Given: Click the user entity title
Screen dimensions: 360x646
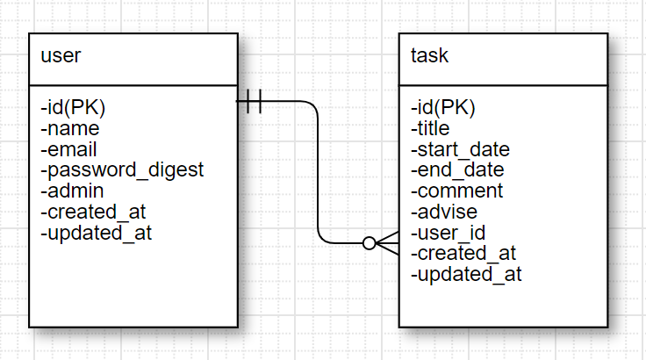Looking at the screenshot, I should (x=61, y=57).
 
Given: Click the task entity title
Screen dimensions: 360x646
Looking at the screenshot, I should (x=429, y=57).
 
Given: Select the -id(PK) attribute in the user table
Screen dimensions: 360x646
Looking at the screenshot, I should (x=73, y=108).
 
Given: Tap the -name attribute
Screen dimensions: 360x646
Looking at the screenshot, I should (x=70, y=129).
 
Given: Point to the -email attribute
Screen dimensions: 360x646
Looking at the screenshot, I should (x=69, y=149).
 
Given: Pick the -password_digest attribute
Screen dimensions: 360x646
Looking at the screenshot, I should (x=122, y=170).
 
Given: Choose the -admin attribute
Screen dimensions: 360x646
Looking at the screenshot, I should (x=73, y=191).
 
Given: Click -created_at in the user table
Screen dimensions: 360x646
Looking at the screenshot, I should (x=93, y=212).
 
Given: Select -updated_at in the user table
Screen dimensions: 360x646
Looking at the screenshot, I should (x=96, y=233).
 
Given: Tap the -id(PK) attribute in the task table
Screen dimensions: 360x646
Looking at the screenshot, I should (x=443, y=108).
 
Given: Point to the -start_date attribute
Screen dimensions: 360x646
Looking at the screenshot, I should (x=460, y=149).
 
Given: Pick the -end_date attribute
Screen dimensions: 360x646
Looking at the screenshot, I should (x=457, y=170).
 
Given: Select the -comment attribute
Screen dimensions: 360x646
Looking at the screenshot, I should (x=457, y=191).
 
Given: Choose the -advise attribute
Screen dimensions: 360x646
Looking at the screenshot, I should (x=444, y=212).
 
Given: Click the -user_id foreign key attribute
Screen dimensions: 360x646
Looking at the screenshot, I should (x=449, y=233).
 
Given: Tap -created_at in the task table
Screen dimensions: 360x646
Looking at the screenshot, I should (x=463, y=254).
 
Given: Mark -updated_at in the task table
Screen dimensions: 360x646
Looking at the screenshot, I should (x=466, y=274).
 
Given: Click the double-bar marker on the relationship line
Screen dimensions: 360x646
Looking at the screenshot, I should (x=254, y=102).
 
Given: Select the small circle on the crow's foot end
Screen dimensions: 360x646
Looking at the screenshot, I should (x=370, y=242).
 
